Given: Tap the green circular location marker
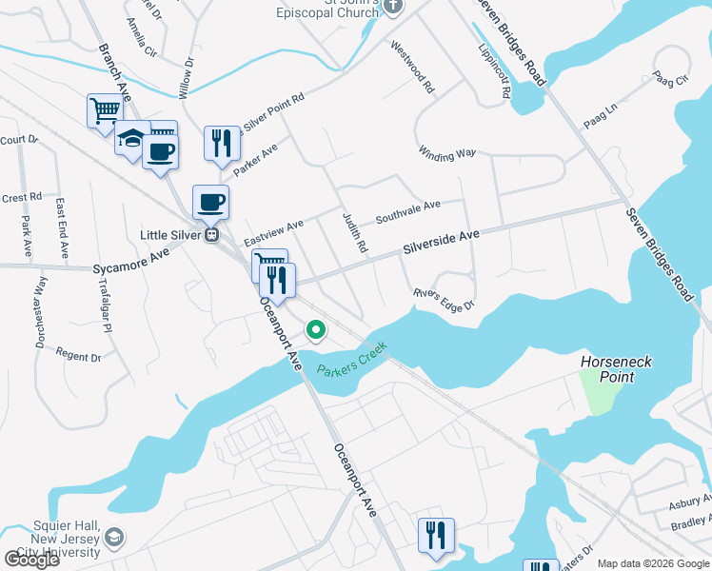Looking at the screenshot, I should pos(316,330).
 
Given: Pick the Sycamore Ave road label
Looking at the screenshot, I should pos(131,262).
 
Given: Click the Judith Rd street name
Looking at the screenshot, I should pos(355,232).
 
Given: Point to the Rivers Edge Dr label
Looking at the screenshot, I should pos(443,300).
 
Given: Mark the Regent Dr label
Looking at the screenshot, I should pos(78,357).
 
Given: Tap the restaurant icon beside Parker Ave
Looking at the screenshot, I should pos(221,144).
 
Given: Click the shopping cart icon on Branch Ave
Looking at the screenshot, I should pos(104,110).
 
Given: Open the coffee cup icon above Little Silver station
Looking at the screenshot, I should pos(210,202).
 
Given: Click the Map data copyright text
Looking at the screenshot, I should pos(653,562).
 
